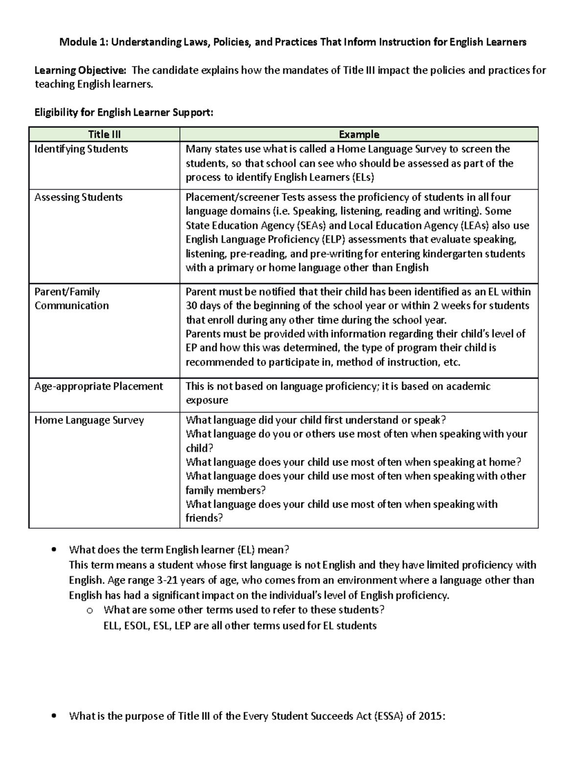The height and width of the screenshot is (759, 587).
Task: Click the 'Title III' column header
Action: (104, 134)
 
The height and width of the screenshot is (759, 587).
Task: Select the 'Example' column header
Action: (359, 134)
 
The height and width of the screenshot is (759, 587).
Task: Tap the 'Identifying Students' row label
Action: (81, 149)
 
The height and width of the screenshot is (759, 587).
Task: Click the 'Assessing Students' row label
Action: (78, 197)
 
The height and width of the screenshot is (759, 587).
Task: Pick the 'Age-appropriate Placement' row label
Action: (98, 387)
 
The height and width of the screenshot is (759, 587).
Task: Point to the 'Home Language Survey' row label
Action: (89, 420)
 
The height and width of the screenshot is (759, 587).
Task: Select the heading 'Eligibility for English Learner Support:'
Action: (124, 113)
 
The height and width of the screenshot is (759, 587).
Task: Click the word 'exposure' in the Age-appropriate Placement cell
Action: (207, 400)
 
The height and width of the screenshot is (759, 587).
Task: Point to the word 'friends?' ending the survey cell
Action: (204, 519)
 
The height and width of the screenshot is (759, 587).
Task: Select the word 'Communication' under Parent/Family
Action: (71, 306)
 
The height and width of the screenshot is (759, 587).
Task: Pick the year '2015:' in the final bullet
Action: (432, 716)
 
